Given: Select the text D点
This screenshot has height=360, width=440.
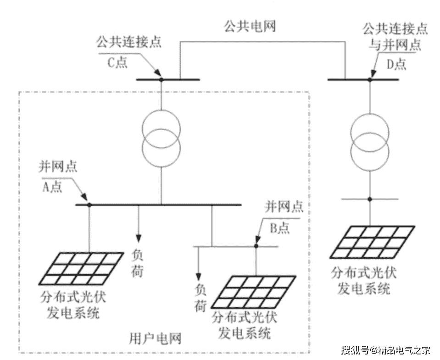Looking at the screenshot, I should (395, 64).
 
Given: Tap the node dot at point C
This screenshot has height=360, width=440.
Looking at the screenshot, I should (161, 79).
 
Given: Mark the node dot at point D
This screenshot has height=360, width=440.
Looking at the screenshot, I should (369, 79).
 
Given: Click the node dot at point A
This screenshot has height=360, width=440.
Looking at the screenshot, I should (89, 204).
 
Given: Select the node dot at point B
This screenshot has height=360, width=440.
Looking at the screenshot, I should (256, 246).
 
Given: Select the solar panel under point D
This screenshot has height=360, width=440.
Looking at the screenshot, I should (373, 242).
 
